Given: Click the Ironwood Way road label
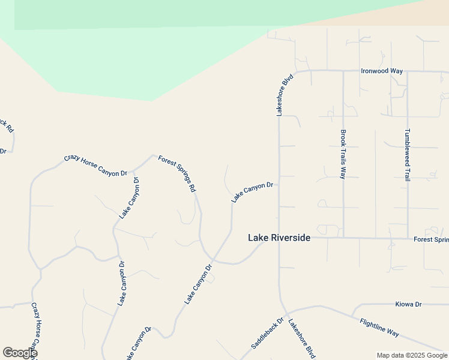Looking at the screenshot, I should (x=381, y=71).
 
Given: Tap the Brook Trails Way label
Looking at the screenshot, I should (x=343, y=154).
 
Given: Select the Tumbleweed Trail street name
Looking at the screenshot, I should (x=407, y=155).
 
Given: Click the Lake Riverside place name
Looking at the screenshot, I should (x=279, y=238).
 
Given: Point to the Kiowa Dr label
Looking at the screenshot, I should (x=409, y=304).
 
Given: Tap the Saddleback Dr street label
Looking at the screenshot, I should (x=267, y=334).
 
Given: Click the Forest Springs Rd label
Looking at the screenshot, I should (x=177, y=173).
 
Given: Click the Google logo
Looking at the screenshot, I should (x=19, y=353).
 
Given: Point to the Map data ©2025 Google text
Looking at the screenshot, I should (x=412, y=356).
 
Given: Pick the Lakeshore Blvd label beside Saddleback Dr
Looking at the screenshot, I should (x=302, y=338).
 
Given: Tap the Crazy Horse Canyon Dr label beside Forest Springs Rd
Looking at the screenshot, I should (x=95, y=166).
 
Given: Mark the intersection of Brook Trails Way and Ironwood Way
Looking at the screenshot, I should (x=343, y=71).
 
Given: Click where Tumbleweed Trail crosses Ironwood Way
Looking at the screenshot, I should (x=408, y=71).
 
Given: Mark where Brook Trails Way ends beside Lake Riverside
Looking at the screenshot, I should (x=343, y=238).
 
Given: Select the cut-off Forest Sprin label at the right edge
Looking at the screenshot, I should (x=431, y=239).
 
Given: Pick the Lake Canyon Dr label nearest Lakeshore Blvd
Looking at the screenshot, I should (x=253, y=192).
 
